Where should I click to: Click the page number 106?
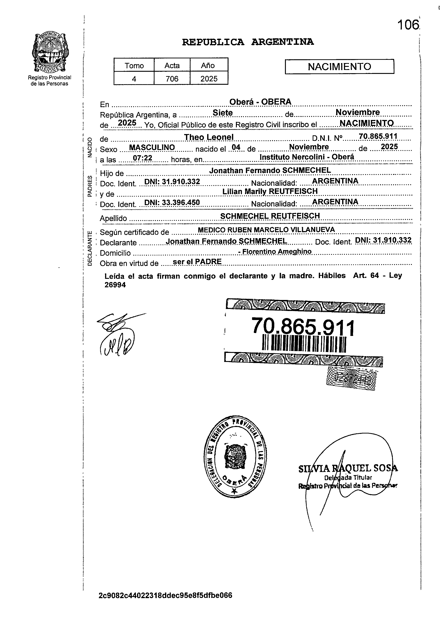tap(408, 25)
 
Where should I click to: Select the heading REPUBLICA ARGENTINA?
tap(248, 42)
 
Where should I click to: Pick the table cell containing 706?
tap(172, 79)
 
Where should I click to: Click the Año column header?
tap(208, 65)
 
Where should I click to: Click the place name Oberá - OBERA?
tap(260, 102)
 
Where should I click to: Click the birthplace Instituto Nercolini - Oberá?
tap(307, 157)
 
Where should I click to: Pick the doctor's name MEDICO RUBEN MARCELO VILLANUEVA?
tap(266, 229)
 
